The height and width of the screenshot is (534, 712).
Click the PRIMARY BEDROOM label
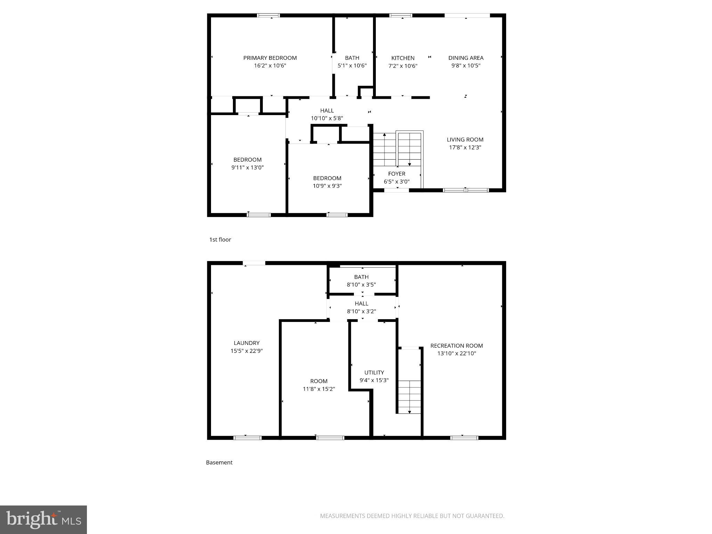[x=270, y=58]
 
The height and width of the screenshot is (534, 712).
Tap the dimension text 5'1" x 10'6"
[x=352, y=65]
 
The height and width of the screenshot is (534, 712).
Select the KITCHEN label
[x=403, y=58]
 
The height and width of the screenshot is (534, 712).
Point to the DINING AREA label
[x=466, y=58]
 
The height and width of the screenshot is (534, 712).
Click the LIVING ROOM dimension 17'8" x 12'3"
[x=465, y=147]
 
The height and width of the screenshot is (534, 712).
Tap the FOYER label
[x=396, y=173]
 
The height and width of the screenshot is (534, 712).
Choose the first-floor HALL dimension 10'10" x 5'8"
[x=327, y=118]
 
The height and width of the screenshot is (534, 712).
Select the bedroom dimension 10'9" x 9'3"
[x=327, y=186]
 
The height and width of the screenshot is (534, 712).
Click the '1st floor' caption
[x=220, y=240]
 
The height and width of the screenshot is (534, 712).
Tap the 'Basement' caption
[x=219, y=462]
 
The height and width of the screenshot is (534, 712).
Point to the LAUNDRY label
[x=246, y=343]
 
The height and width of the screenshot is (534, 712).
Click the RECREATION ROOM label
[x=456, y=346]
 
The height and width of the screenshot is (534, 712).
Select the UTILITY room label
[x=374, y=372]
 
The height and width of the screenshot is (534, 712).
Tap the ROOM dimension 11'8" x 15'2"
[x=318, y=389]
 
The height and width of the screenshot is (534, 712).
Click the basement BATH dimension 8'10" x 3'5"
[x=361, y=284]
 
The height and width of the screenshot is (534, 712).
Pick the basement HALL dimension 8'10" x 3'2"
[x=361, y=311]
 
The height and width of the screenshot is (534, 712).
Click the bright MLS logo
[x=43, y=519]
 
